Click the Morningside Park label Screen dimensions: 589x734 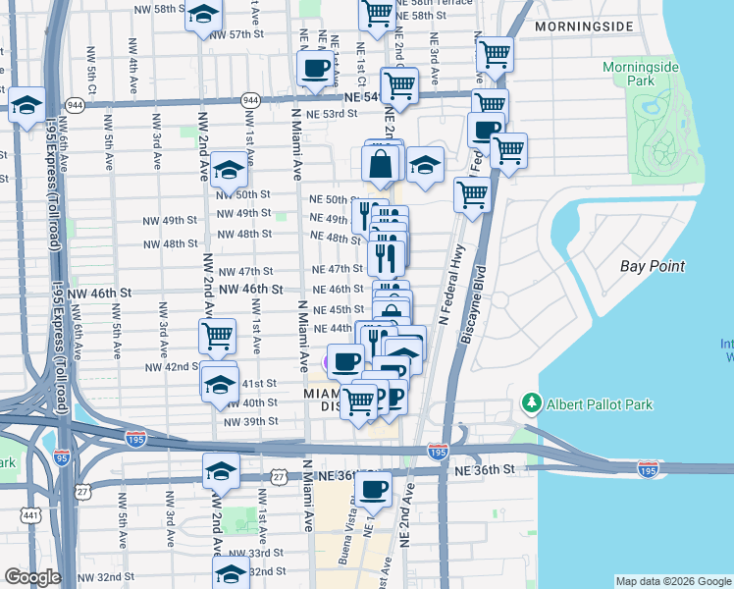click(642, 73)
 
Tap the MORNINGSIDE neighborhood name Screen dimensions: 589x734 click(585, 27)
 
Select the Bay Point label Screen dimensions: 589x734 click(652, 266)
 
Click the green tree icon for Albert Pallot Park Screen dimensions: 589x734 click(532, 403)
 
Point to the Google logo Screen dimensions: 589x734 click(32, 577)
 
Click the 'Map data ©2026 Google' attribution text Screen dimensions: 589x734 click(673, 580)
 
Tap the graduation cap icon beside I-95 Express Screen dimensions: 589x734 click(27, 104)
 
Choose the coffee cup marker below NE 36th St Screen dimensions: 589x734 click(372, 489)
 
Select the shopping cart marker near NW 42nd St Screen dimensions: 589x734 click(217, 337)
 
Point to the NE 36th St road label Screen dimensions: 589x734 click(485, 470)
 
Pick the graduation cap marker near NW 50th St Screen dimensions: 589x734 click(229, 171)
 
